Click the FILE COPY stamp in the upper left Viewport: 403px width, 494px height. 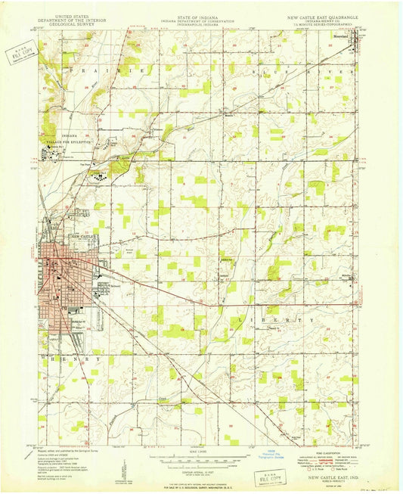point(20,54)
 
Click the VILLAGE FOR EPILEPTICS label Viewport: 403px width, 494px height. point(70,141)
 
